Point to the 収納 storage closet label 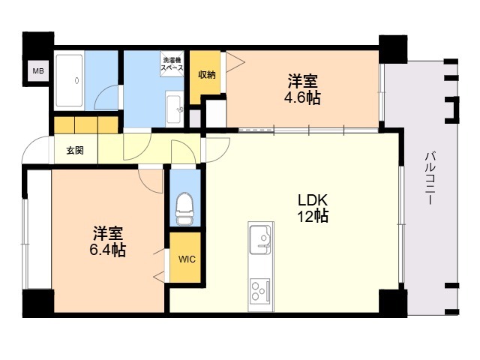pyautogui.click(x=207, y=75)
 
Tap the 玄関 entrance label pyautogui.click(x=74, y=150)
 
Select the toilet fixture pyautogui.click(x=184, y=207)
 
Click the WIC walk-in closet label pyautogui.click(x=185, y=260)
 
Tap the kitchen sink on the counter pyautogui.click(x=261, y=239)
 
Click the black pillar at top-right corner pyautogui.click(x=392, y=48)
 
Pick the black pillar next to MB pyautogui.click(x=37, y=45)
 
